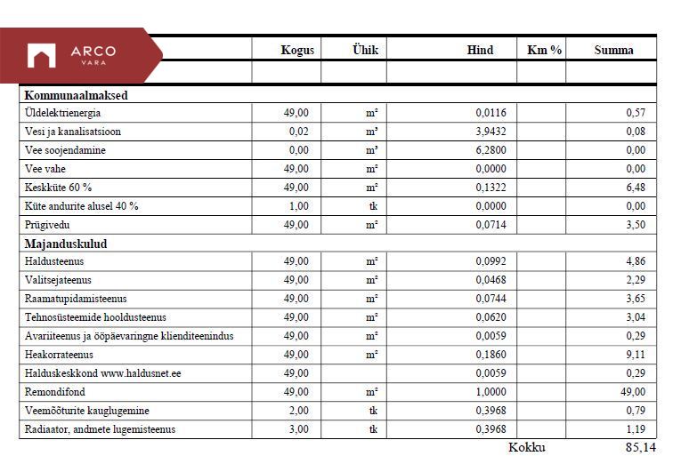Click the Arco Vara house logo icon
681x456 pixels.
point(41,56)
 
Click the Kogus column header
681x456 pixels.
point(297,51)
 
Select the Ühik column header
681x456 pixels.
point(365,51)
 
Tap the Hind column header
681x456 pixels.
point(480,51)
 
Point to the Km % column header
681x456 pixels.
point(544,51)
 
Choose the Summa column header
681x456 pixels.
point(613,51)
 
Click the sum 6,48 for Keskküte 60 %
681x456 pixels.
point(635,188)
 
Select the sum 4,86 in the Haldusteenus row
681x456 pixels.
point(635,261)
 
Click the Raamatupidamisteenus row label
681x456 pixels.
point(77,299)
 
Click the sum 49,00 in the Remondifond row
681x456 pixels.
point(630,392)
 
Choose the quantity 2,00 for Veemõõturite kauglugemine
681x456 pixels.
point(298,411)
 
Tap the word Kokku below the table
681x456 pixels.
point(526,447)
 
